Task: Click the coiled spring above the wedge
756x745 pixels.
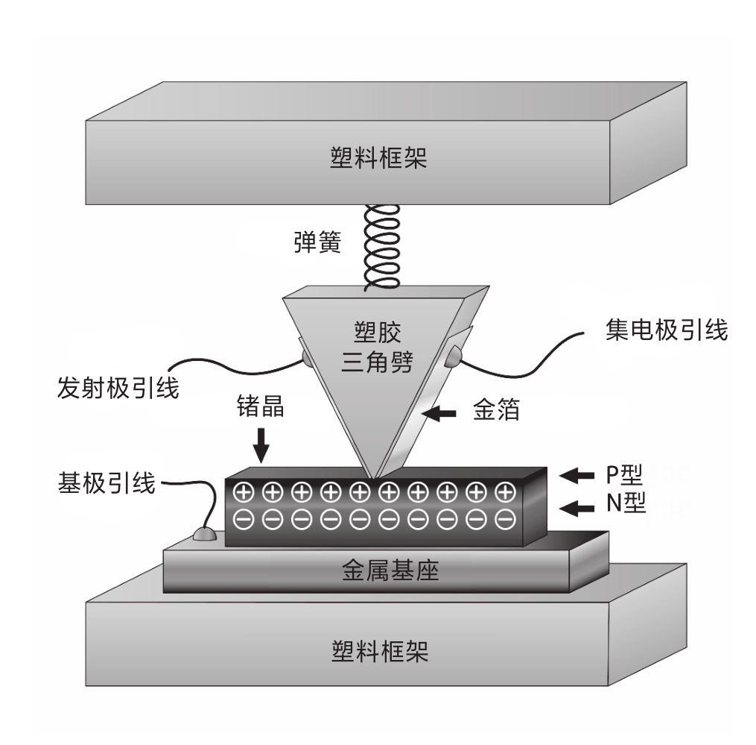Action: [383, 246]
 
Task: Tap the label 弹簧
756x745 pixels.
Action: [317, 242]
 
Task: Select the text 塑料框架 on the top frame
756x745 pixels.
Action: [378, 158]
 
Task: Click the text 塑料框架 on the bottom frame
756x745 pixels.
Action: [380, 651]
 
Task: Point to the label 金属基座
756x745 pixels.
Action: [390, 570]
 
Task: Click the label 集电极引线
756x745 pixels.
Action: [667, 330]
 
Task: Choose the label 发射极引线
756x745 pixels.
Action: [118, 388]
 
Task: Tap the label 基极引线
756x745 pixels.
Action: [107, 482]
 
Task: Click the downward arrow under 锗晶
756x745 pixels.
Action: [261, 445]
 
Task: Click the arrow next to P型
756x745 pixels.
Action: [576, 476]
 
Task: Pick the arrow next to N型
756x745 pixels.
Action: [576, 508]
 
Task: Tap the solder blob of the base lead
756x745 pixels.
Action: [204, 534]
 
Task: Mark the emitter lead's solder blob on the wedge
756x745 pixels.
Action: [308, 358]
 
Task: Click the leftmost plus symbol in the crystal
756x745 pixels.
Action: [244, 492]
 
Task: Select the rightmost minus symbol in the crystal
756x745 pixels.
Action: [505, 520]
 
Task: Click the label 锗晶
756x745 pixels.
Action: [261, 406]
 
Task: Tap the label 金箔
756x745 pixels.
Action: [496, 410]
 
